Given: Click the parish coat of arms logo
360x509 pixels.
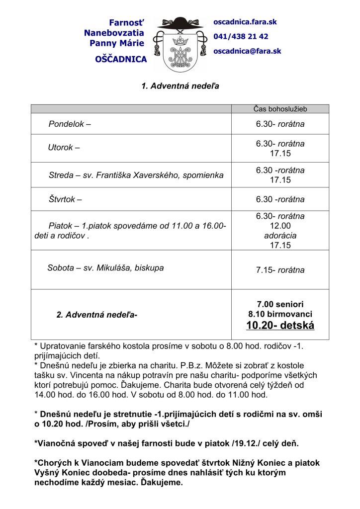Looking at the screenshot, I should (x=180, y=45).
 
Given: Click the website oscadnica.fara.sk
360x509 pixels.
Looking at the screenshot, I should (x=245, y=22).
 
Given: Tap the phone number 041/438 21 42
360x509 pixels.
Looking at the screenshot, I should (x=241, y=37).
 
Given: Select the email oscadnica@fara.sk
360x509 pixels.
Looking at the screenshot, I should (x=247, y=51).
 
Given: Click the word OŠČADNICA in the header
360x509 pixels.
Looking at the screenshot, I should (x=121, y=60).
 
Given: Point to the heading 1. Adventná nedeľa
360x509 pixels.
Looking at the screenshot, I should (x=180, y=86).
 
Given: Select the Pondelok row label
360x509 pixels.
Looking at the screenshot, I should (x=70, y=124).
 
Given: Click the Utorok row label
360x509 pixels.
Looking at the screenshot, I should (x=64, y=148).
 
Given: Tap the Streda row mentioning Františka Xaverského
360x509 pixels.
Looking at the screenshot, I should (x=136, y=175).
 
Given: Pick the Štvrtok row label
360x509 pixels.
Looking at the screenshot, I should (x=65, y=199).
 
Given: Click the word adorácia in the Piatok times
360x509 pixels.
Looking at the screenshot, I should (x=280, y=236).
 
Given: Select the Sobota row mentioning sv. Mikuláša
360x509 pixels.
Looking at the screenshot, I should (x=105, y=268).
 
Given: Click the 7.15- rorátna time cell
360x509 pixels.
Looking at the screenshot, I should (x=280, y=270).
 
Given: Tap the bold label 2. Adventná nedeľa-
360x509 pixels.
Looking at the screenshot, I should (x=97, y=314).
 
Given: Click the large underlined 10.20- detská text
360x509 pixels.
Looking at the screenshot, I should (x=280, y=326).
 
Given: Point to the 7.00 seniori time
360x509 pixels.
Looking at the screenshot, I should (x=280, y=304).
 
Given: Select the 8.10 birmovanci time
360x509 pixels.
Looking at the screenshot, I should (x=280, y=314).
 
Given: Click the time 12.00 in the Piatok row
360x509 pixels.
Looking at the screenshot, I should (x=280, y=226).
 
